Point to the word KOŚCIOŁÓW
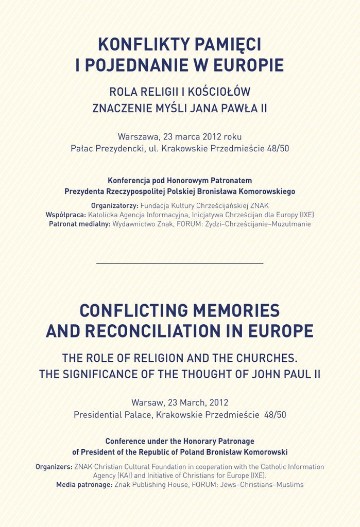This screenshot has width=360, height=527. coord(217,92)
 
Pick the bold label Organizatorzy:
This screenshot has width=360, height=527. coord(115,205)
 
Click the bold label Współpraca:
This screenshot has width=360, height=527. coord(66,215)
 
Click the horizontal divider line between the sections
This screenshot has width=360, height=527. coord(180,263)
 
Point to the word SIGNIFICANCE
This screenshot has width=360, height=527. coord(111,374)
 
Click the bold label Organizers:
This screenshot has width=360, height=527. coord(54,467)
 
